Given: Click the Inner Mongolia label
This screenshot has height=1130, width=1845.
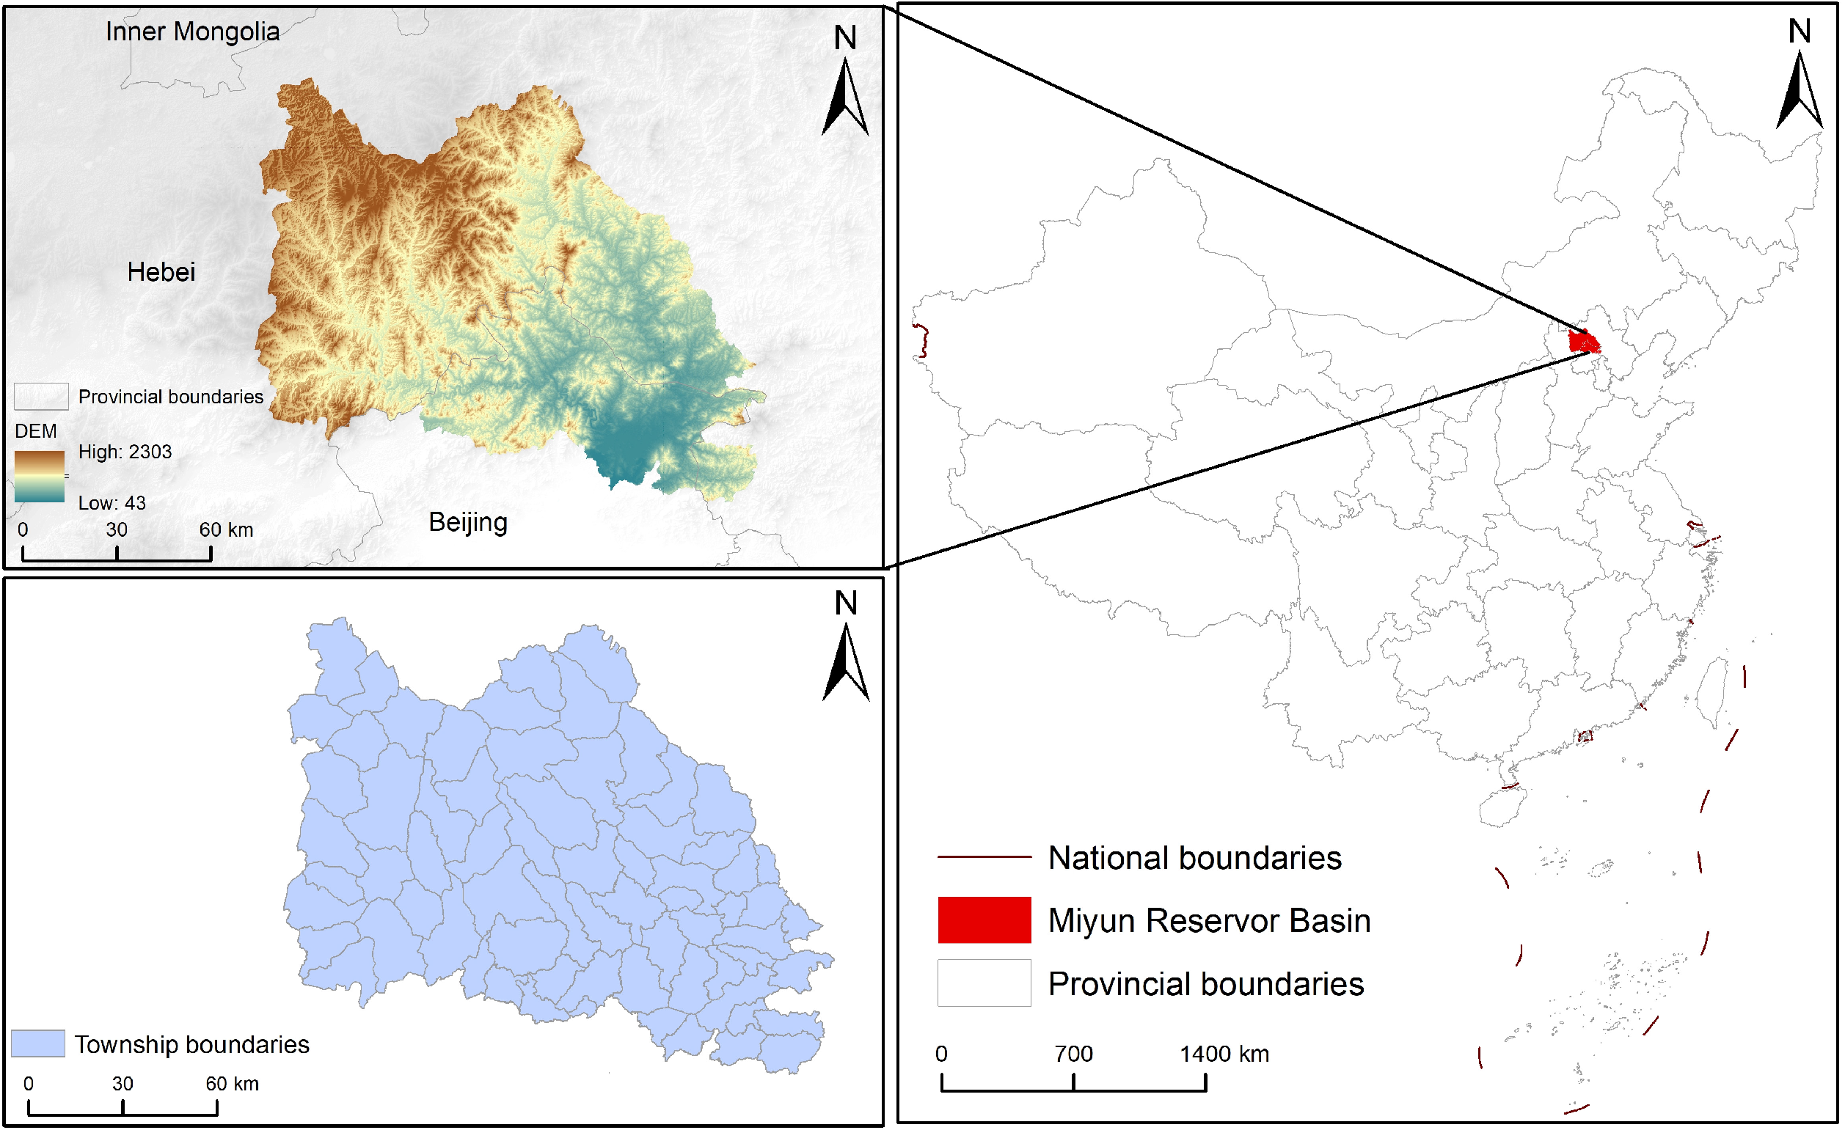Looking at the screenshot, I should pyautogui.click(x=192, y=32).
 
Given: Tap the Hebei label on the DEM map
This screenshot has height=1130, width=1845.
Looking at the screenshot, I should pyautogui.click(x=161, y=271).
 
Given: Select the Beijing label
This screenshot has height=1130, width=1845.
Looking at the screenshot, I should pyautogui.click(x=468, y=521).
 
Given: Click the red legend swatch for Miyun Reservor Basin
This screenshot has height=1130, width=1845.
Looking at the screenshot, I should pyautogui.click(x=984, y=920).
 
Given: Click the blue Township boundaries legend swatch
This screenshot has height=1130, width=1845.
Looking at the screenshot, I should pyautogui.click(x=38, y=1043).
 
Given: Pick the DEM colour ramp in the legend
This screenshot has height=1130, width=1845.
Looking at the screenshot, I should pyautogui.click(x=39, y=476).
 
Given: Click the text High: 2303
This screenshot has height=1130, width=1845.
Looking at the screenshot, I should pyautogui.click(x=125, y=452).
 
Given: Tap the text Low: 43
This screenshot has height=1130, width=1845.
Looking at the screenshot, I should pyautogui.click(x=112, y=503).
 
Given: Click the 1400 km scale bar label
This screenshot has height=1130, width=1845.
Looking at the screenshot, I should pyautogui.click(x=1224, y=1054).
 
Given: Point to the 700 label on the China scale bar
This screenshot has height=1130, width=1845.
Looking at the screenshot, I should pyautogui.click(x=1073, y=1054).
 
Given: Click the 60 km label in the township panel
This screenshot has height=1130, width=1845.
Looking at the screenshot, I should pyautogui.click(x=232, y=1084).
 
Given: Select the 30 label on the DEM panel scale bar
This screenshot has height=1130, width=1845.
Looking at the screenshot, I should pyautogui.click(x=116, y=530).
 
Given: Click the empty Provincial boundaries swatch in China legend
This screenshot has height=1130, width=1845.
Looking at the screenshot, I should pyautogui.click(x=984, y=983).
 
